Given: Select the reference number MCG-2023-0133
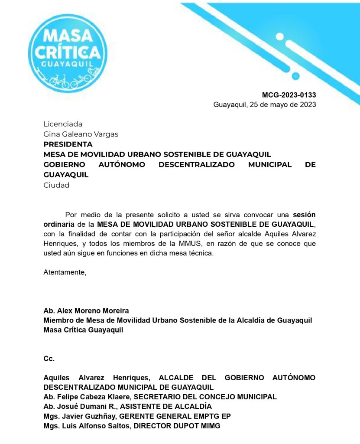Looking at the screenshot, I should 289,95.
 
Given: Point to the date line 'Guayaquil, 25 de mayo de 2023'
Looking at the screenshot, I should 264,104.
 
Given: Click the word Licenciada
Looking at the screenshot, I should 63,124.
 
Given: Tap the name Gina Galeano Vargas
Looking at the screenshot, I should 81,134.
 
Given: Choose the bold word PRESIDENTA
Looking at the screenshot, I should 68,144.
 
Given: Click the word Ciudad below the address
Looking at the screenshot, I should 56,185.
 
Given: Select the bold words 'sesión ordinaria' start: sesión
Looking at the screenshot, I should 305,215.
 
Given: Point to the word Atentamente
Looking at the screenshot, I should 65,272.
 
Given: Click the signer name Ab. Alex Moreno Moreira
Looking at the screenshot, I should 86,311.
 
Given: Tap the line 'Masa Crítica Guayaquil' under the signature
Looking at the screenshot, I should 83,330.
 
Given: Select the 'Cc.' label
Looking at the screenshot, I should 49,359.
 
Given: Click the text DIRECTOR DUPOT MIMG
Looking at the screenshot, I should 177,426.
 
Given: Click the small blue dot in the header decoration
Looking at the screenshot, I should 296,76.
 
